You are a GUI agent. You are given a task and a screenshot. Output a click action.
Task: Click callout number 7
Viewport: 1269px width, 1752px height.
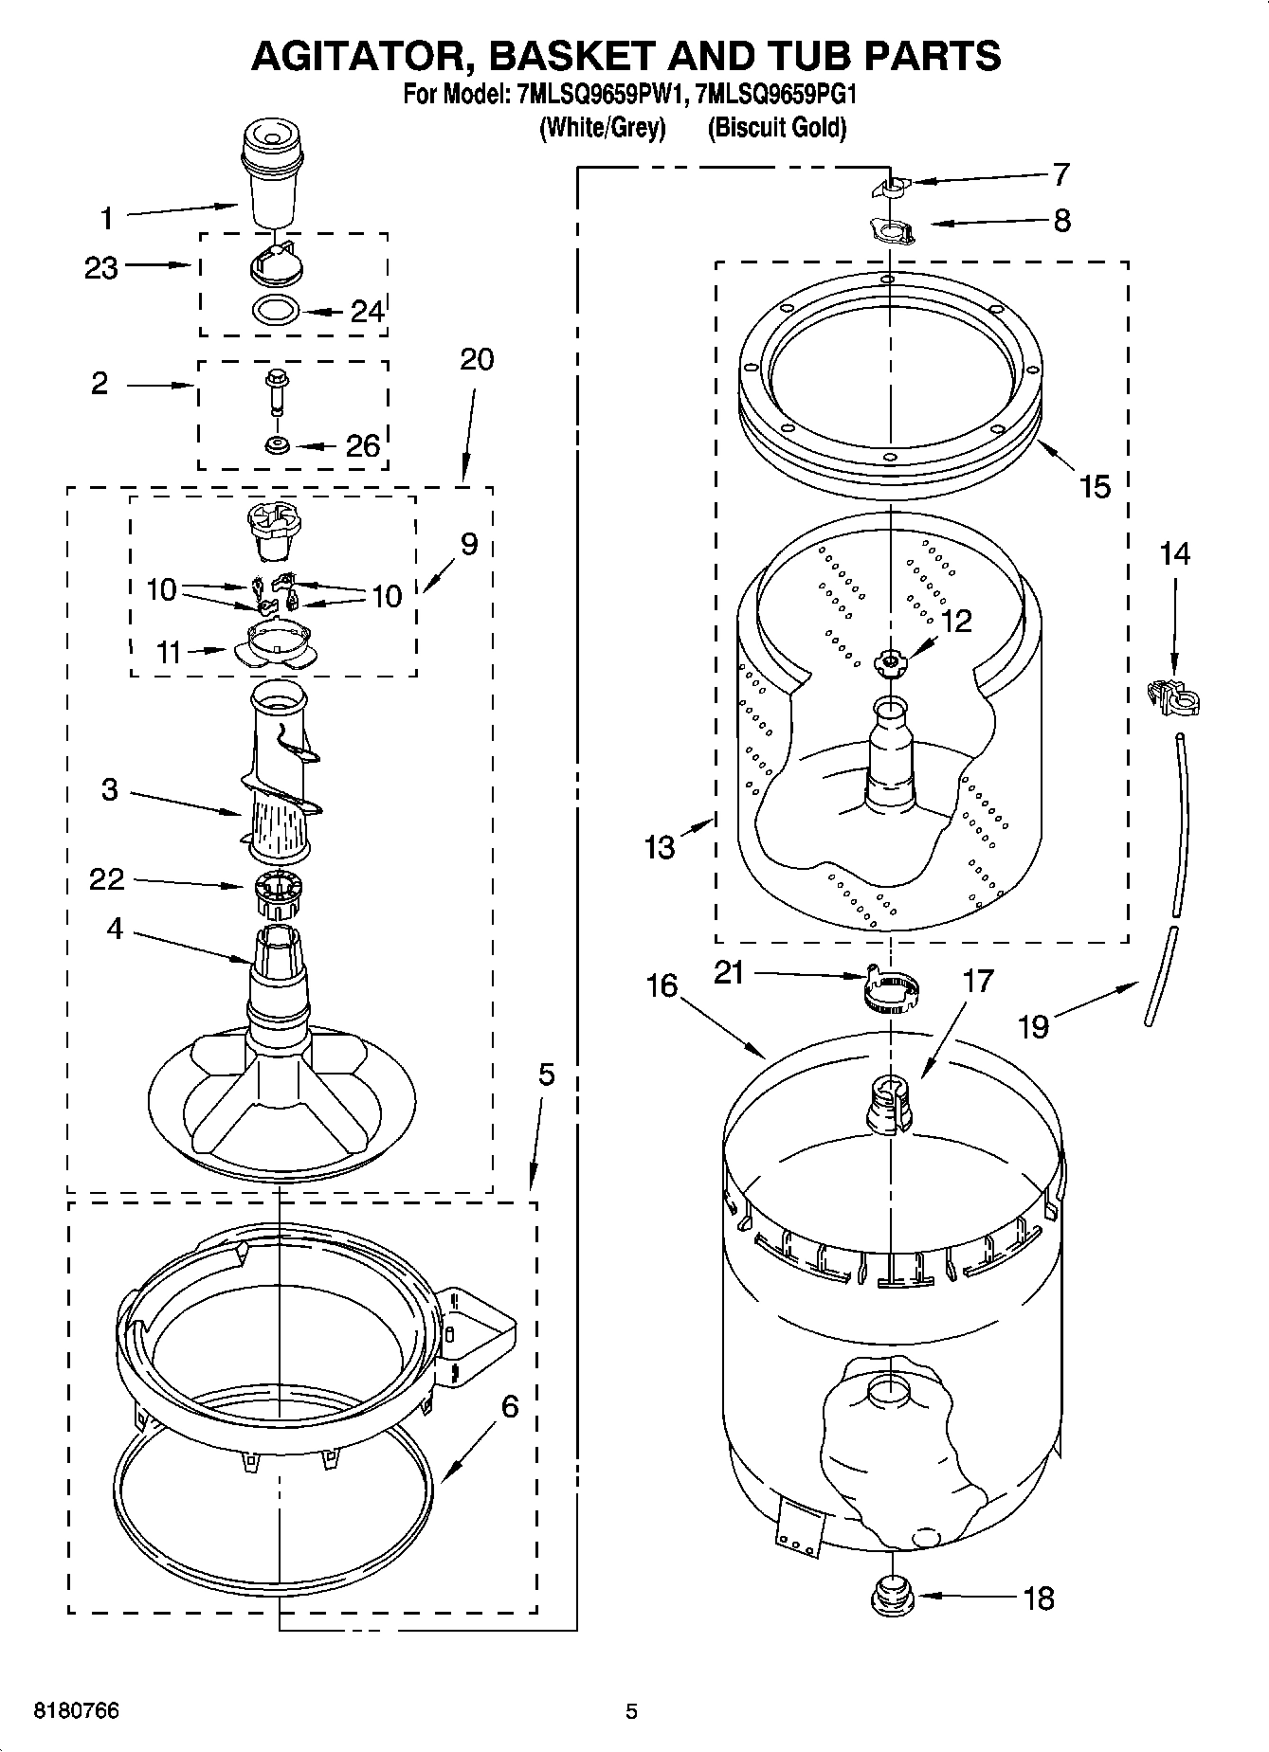1061,174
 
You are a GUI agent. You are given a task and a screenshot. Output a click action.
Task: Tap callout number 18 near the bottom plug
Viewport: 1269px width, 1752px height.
1039,1598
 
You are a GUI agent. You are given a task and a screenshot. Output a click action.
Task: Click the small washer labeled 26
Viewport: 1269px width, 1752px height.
278,444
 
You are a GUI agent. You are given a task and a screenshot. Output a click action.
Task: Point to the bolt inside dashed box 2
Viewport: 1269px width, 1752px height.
277,390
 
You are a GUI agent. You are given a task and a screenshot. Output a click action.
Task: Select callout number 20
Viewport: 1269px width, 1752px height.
477,360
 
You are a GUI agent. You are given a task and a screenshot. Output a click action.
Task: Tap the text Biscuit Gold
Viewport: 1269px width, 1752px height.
776,128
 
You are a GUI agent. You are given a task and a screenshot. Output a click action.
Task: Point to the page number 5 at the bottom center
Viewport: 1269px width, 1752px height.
631,1711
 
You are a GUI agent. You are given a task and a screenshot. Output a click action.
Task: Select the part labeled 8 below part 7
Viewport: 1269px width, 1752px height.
891,230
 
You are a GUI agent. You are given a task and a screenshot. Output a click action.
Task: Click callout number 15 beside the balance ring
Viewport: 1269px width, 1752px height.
1094,486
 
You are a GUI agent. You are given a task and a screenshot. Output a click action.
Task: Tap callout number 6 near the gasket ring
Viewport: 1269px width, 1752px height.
509,1407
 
